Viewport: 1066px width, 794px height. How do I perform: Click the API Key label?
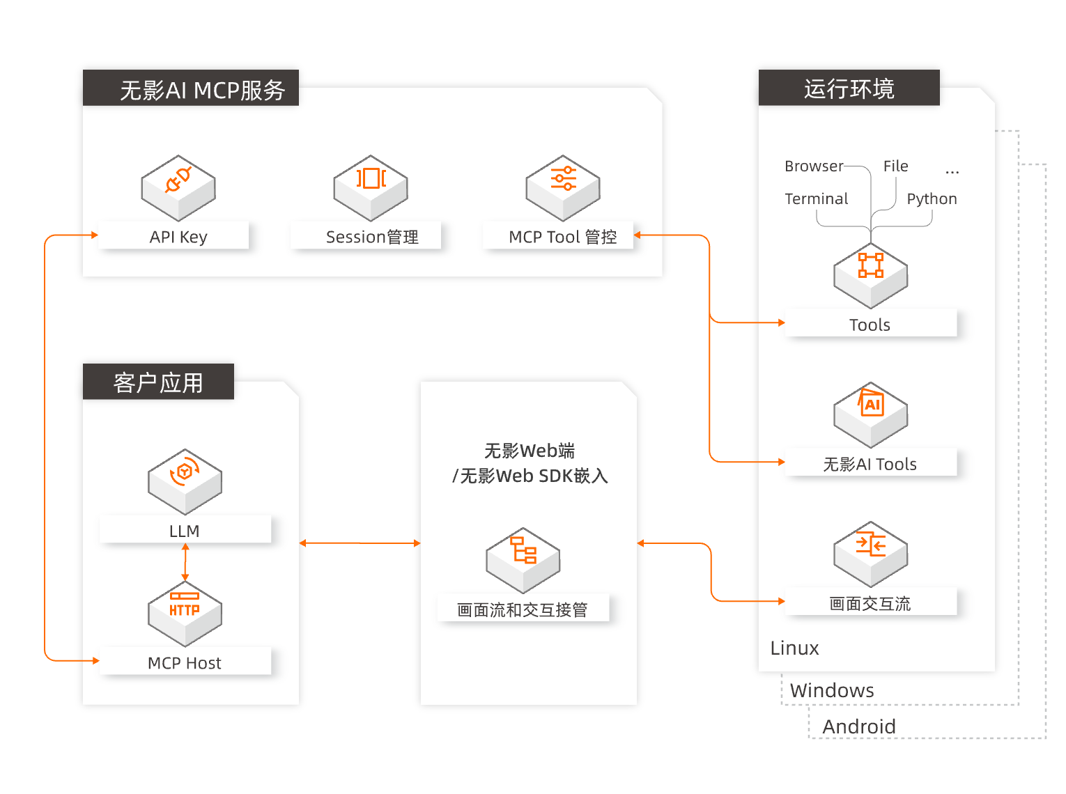(x=178, y=237)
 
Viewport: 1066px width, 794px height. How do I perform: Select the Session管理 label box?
(x=371, y=237)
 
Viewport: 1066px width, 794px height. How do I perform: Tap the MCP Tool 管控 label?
(x=562, y=237)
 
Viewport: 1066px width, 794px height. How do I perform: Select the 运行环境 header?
(x=849, y=88)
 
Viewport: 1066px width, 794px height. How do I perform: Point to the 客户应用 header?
(x=158, y=382)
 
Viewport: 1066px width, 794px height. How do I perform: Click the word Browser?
(x=813, y=166)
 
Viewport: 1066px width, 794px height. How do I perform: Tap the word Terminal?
(x=816, y=198)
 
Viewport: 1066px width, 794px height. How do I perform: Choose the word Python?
(x=932, y=198)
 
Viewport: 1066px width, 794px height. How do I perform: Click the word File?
(x=895, y=166)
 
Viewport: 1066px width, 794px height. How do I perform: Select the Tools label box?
(x=870, y=325)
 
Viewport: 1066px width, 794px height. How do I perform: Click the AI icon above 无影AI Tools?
(x=871, y=404)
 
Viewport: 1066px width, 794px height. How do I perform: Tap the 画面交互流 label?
(x=870, y=603)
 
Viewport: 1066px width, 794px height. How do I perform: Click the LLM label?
(x=185, y=531)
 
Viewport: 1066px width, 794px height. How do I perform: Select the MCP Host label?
(x=185, y=663)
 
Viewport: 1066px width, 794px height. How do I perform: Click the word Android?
(x=858, y=726)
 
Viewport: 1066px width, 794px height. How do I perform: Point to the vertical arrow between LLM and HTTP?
(x=185, y=562)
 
